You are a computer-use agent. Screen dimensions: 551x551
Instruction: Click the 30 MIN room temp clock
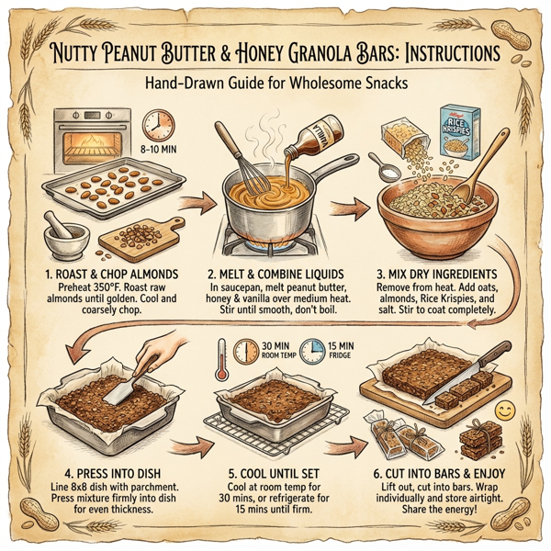coord(246,352)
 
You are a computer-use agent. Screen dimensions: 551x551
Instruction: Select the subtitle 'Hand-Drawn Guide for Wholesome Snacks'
coord(275,84)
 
